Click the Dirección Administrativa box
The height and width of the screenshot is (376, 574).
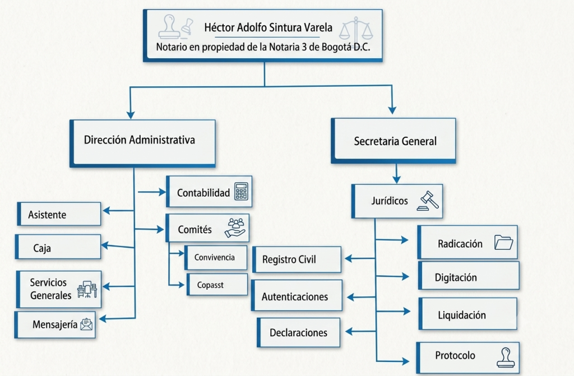click(x=142, y=143)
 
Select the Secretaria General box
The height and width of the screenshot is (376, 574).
click(x=394, y=141)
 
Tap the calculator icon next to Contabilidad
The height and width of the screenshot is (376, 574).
click(x=241, y=191)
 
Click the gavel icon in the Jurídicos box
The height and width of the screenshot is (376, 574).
click(x=428, y=201)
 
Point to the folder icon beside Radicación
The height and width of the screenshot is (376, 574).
click(x=503, y=243)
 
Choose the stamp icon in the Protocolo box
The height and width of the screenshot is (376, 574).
click(x=506, y=358)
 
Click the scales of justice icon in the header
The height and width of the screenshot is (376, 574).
click(x=356, y=29)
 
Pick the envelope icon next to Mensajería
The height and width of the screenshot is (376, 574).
click(x=86, y=324)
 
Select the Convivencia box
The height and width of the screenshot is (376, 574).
click(x=216, y=257)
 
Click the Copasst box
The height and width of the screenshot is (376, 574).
click(x=217, y=285)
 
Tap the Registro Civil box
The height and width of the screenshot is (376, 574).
click(x=297, y=259)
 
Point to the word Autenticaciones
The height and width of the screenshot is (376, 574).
click(x=295, y=296)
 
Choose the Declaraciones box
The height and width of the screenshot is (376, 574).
click(x=298, y=332)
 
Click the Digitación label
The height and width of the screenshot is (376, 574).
click(x=456, y=277)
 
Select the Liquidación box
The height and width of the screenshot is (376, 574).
click(x=468, y=314)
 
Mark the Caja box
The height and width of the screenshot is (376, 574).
click(x=58, y=247)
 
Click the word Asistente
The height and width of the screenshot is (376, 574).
click(x=47, y=215)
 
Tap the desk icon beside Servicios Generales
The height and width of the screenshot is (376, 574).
click(x=87, y=289)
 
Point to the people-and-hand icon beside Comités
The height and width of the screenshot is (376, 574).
click(x=235, y=228)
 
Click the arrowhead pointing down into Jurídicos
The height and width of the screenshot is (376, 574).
click(x=396, y=179)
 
